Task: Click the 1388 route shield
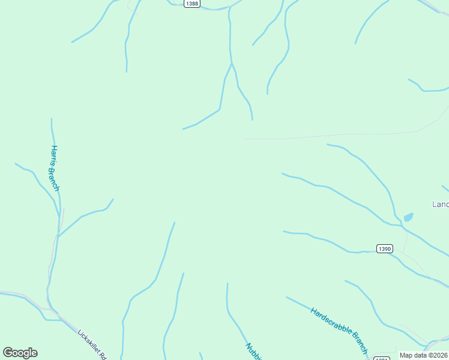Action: [192, 4]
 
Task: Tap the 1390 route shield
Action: [385, 248]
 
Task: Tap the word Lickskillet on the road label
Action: [88, 339]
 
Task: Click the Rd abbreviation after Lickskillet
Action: [101, 353]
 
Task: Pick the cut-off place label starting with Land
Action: [441, 205]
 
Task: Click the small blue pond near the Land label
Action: [408, 217]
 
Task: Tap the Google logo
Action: [20, 353]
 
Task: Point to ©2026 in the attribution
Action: [438, 355]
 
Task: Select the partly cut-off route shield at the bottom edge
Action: [382, 358]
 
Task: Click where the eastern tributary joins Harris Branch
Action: [58, 235]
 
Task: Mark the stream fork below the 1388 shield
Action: [232, 63]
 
